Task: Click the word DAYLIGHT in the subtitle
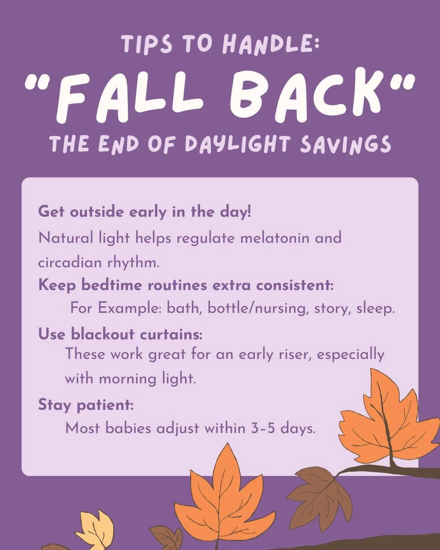click(x=238, y=144)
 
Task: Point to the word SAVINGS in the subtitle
click(x=345, y=144)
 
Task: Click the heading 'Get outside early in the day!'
click(x=145, y=212)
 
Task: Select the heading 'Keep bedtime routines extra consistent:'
click(x=186, y=285)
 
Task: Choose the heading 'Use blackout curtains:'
click(x=120, y=334)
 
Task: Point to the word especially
click(x=350, y=354)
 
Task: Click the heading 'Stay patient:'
click(x=86, y=405)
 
